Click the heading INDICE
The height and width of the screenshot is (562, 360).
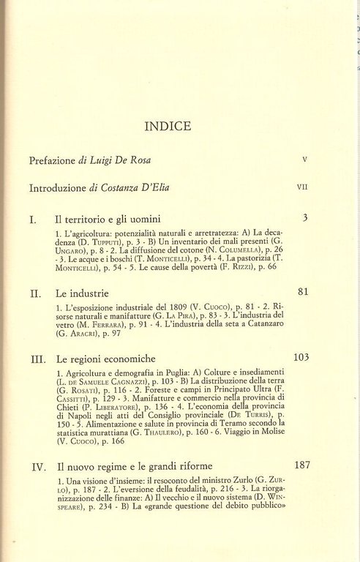coord(168,127)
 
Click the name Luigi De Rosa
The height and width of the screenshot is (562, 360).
coord(119,160)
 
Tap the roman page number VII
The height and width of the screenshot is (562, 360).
coord(302,187)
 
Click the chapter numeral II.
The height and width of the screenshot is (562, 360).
coord(35,293)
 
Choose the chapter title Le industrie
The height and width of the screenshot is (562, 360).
coord(83,293)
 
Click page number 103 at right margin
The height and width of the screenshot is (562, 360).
coord(301,358)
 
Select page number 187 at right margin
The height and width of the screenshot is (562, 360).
coord(302,465)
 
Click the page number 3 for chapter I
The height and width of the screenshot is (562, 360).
coord(305,217)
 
